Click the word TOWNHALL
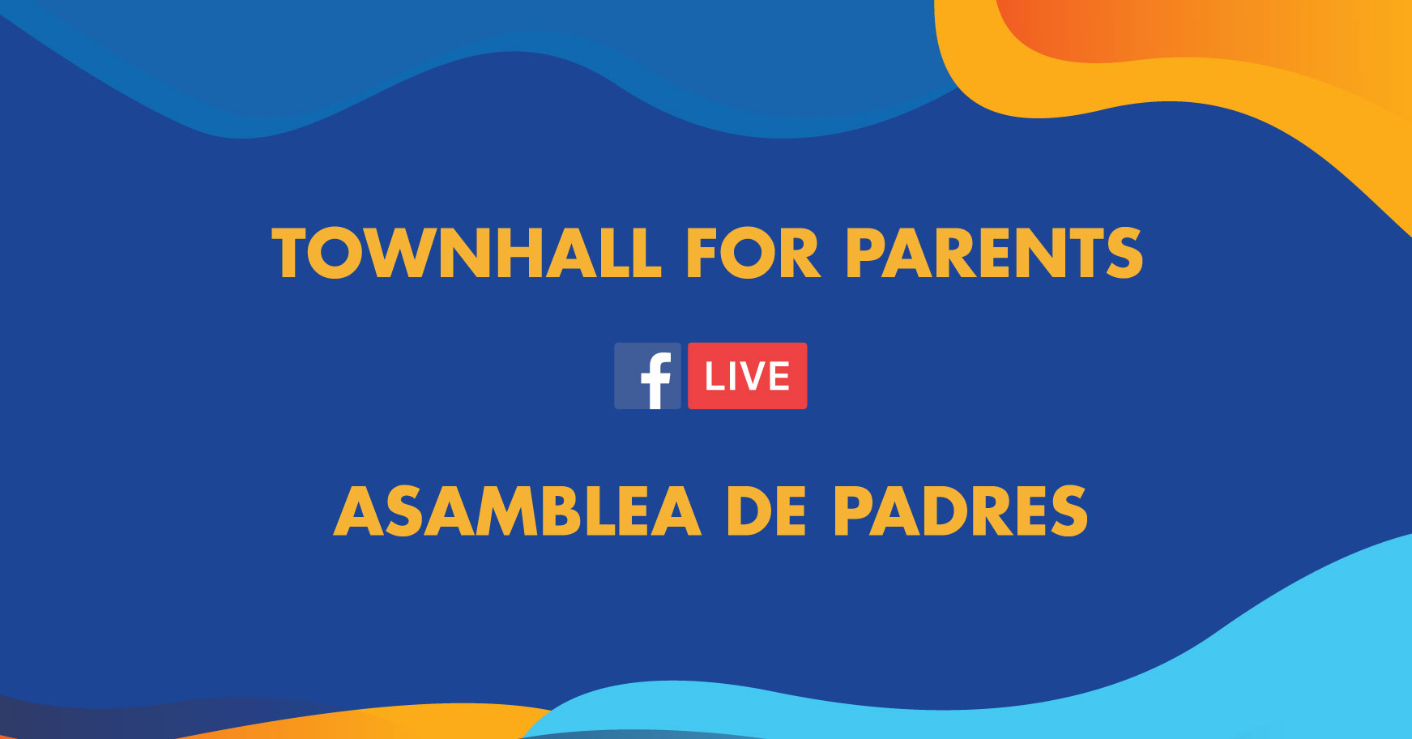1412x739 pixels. click(x=467, y=253)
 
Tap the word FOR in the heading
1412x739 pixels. click(x=753, y=253)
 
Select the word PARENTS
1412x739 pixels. click(x=994, y=253)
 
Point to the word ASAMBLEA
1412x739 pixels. click(x=517, y=511)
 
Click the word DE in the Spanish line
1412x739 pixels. click(x=766, y=511)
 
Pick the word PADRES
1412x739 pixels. click(x=961, y=511)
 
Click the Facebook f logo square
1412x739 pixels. click(x=647, y=376)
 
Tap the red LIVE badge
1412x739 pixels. click(x=747, y=376)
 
